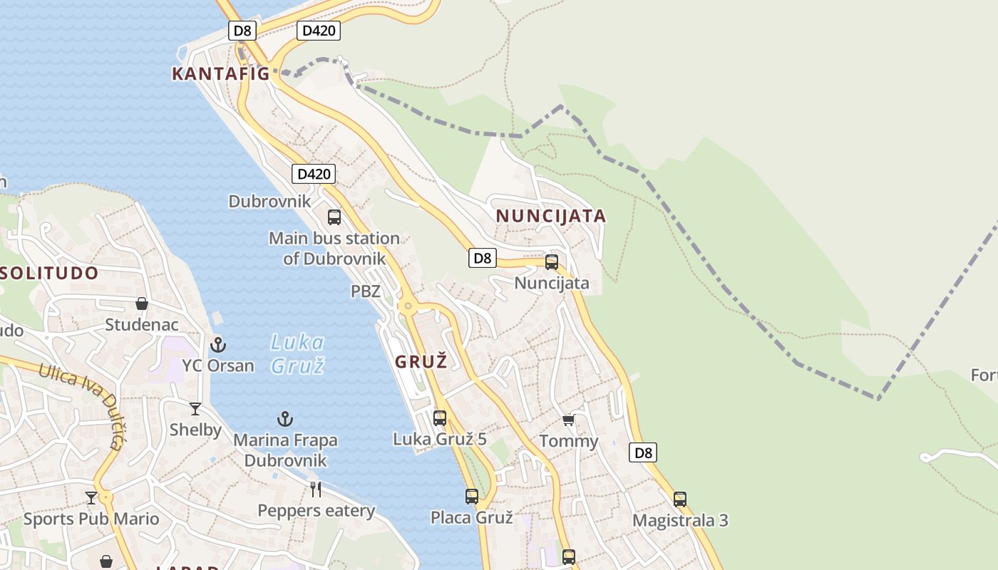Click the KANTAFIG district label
point(220,73)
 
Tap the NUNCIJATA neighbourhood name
point(550,216)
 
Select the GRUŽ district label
point(421,362)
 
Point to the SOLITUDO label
point(48,273)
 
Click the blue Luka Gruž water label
point(297,354)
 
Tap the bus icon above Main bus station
point(334,217)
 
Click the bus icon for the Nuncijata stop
point(552,262)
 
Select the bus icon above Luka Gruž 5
point(440,418)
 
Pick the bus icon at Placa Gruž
point(472,497)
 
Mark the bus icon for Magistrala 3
point(680,499)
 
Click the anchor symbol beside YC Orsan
point(218,346)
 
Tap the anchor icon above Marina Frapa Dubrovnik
point(285,419)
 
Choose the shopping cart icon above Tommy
point(568,420)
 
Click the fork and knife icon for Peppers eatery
point(316,489)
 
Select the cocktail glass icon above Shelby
point(195,409)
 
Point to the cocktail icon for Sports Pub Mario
point(91,498)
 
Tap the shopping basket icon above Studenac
point(142,304)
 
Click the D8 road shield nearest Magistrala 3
point(643,452)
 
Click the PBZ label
point(366,291)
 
